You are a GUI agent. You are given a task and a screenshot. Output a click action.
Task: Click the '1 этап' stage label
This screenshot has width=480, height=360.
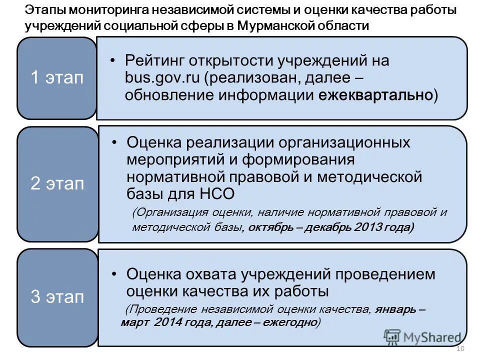pos(57,78)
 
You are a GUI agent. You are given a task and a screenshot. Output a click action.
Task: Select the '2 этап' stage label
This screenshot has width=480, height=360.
pos(57,183)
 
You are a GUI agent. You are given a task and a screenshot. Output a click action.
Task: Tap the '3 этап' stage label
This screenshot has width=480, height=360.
pos(57,297)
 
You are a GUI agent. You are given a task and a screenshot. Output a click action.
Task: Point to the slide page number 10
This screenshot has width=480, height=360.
pos(461,348)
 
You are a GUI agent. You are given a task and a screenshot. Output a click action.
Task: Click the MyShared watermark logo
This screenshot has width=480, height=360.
pos(422,337)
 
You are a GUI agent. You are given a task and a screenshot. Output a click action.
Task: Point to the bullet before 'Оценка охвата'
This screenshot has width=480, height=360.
pos(115,274)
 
